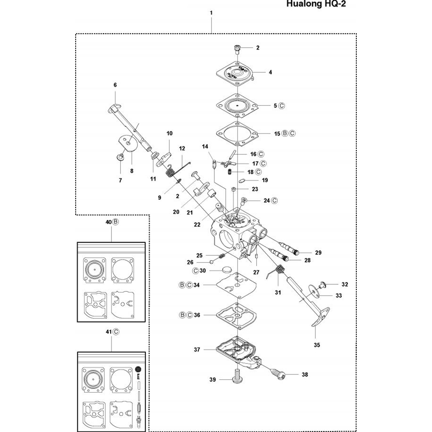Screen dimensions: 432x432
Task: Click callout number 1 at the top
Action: [211, 13]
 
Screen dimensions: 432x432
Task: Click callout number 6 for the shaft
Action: [115, 85]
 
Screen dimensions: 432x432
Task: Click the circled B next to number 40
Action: [116, 222]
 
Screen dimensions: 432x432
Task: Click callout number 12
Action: [182, 149]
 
